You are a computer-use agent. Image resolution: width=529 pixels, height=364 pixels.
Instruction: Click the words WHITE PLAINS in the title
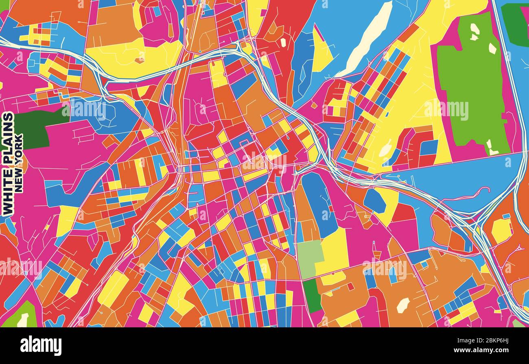(8, 164)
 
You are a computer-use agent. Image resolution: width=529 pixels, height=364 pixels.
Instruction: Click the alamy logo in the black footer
(41, 346)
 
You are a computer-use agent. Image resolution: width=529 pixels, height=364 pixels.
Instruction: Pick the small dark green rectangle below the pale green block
(312, 296)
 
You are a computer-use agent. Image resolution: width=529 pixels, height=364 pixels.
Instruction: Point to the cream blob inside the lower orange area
(403, 305)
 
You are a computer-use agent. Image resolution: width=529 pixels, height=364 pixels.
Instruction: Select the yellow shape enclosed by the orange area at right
(501, 230)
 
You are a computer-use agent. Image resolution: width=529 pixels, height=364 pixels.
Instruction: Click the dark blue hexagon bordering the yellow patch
(374, 201)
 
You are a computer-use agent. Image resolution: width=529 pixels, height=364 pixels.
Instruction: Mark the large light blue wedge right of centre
(456, 179)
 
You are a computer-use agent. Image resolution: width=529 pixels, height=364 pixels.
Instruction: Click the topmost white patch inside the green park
(474, 29)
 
